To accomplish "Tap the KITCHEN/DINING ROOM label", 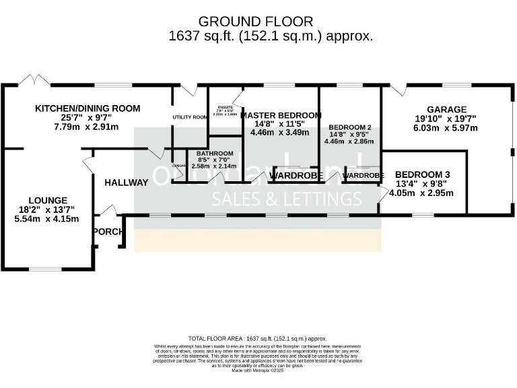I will pyautogui.click(x=88, y=108).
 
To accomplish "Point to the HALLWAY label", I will pyautogui.click(x=126, y=183).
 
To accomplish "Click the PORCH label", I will pyautogui.click(x=108, y=232).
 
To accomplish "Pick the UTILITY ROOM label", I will pyautogui.click(x=190, y=117).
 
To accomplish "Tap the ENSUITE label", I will pyautogui.click(x=225, y=108).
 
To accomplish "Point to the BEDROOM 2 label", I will pyautogui.click(x=349, y=127).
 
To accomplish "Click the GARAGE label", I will pyautogui.click(x=446, y=109).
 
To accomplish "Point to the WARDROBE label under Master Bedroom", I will pyautogui.click(x=296, y=176).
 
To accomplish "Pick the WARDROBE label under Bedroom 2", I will pyautogui.click(x=364, y=176).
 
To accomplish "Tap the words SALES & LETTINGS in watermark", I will pyautogui.click(x=287, y=199).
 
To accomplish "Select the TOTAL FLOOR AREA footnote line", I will pyautogui.click(x=258, y=338).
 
